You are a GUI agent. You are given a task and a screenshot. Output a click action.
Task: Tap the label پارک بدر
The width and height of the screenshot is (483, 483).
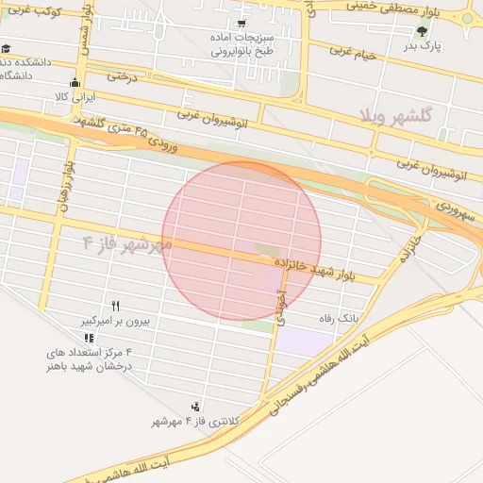click(424, 45)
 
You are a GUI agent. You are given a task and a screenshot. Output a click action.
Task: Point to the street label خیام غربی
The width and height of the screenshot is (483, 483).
click(353, 53)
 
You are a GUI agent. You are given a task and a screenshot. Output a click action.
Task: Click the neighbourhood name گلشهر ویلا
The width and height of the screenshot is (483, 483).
click(395, 115)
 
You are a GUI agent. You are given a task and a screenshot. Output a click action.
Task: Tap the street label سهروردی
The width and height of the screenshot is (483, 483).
click(458, 210)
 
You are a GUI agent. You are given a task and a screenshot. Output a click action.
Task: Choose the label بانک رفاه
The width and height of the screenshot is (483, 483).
click(339, 319)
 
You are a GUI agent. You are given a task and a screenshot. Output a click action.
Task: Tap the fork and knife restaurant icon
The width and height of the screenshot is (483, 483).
click(116, 306)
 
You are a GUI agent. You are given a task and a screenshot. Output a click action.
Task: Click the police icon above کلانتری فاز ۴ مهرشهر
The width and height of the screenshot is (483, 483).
click(195, 407)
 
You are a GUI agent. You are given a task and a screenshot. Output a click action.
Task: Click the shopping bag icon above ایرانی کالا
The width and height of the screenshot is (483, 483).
click(75, 82)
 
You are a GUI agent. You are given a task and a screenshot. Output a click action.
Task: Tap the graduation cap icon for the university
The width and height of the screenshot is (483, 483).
click(6, 48)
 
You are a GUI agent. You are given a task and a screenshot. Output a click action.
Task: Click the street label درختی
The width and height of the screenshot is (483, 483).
click(122, 75)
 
